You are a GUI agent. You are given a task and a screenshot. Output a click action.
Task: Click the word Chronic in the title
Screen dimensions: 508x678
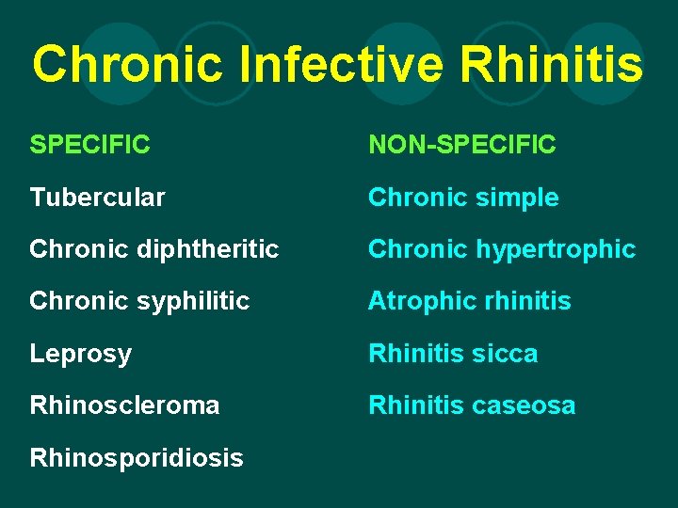[x=129, y=65]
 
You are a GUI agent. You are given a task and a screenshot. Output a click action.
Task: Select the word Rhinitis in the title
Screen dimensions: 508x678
[x=554, y=65]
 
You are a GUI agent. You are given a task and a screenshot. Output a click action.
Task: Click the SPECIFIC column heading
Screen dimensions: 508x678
[x=90, y=145]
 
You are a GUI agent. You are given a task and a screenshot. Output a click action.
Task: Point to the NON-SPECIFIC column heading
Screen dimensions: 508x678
[x=462, y=145]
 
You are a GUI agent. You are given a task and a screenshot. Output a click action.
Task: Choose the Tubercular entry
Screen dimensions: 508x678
[x=98, y=198]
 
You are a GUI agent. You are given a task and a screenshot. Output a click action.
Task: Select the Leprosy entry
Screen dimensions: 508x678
[x=81, y=354]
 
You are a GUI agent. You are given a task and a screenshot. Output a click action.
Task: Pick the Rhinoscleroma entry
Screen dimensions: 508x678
[x=125, y=405]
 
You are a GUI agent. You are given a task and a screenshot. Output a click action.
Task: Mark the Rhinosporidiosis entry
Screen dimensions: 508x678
[x=137, y=458]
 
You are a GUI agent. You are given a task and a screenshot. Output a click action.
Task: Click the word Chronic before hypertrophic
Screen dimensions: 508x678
[x=412, y=249]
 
